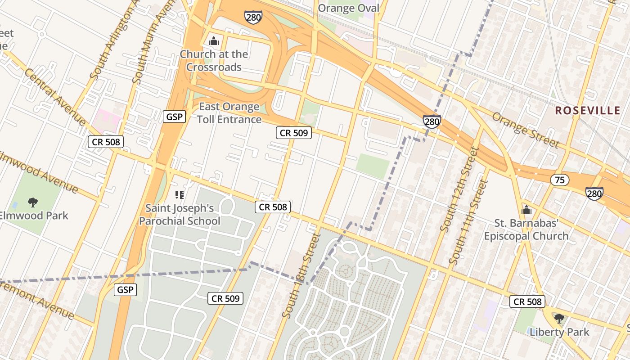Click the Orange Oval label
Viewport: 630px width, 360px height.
349,8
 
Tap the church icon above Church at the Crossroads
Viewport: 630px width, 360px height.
214,41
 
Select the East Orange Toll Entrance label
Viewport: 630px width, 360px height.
229,113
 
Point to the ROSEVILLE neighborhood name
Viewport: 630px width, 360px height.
587,110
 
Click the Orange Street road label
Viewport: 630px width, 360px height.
525,130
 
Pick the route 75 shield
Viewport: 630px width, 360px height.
559,180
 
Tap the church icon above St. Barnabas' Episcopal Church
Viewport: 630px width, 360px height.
526,210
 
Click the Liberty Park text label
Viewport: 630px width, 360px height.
559,332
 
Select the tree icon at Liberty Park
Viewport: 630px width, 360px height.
559,319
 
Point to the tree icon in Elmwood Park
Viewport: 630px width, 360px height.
32,202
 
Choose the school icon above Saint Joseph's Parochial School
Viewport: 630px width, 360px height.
180,195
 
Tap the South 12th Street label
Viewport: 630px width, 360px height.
458,189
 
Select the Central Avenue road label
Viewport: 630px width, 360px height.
55,97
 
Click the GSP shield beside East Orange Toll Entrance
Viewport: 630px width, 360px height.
174,117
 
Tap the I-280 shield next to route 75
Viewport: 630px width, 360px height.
594,193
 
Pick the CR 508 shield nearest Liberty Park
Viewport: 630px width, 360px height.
527,301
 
